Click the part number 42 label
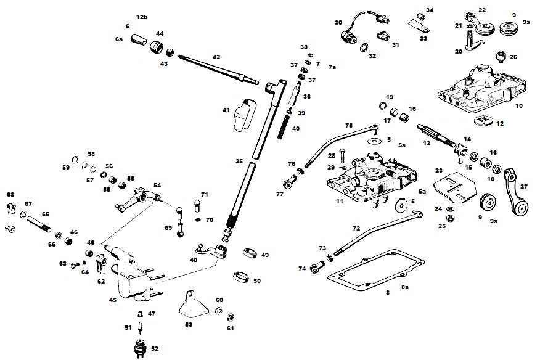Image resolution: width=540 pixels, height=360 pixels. [x=216, y=57]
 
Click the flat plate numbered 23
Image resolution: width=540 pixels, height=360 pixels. [x=456, y=189]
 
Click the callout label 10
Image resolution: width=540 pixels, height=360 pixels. [x=519, y=106]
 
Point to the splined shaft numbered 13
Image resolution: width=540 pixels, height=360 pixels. [x=438, y=136]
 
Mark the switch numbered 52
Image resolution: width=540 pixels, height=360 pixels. [x=141, y=348]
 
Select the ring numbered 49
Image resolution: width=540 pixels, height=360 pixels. [x=250, y=253]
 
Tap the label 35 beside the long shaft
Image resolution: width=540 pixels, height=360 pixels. [x=239, y=162]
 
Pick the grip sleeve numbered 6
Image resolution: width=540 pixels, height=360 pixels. [x=139, y=39]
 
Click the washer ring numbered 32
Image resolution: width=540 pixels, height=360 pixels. [x=364, y=47]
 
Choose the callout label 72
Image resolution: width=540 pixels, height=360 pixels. [x=356, y=229]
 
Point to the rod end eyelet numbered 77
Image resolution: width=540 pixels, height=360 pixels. [x=289, y=182]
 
